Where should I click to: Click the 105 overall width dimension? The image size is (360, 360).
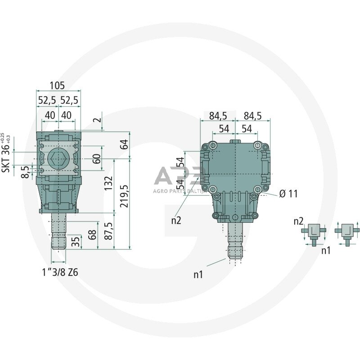click(58, 85)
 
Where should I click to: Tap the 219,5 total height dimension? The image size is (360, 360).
click(125, 194)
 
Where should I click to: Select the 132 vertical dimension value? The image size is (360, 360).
click(108, 183)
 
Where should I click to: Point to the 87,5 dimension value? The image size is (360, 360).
click(108, 230)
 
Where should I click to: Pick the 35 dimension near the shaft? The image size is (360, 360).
click(76, 241)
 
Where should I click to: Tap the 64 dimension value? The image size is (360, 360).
click(125, 144)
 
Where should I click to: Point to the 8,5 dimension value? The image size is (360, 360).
click(26, 171)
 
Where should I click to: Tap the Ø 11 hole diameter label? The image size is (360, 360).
click(288, 194)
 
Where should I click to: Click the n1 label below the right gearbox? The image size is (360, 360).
click(198, 274)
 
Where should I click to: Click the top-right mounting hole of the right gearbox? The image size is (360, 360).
click(257, 146)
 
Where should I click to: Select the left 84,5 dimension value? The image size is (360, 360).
click(218, 116)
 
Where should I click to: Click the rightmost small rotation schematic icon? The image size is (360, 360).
click(347, 230)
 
